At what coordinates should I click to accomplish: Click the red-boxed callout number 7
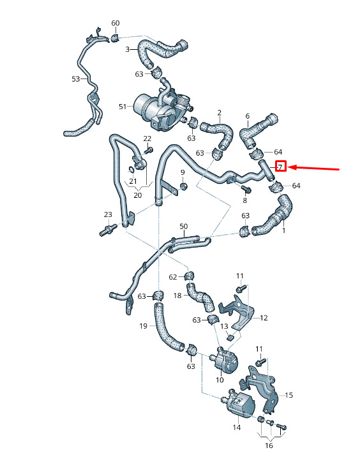(x=281, y=166)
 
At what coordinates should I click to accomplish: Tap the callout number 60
(x=116, y=23)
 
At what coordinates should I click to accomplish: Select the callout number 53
(x=76, y=79)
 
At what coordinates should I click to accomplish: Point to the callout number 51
(x=123, y=107)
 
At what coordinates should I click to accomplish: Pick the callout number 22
(x=147, y=139)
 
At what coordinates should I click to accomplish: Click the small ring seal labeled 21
(x=131, y=170)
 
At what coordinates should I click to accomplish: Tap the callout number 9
(x=183, y=172)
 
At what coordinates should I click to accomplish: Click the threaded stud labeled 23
(x=108, y=230)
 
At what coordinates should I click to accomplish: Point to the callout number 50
(x=183, y=226)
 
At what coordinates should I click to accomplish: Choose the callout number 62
(x=173, y=277)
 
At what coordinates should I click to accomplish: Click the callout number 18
(x=177, y=296)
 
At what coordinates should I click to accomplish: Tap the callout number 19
(x=144, y=326)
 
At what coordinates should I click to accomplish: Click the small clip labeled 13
(x=231, y=338)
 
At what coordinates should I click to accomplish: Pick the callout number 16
(x=269, y=446)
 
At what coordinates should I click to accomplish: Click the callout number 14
(x=237, y=427)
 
